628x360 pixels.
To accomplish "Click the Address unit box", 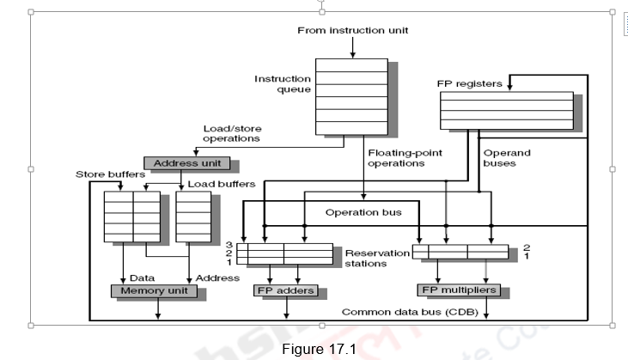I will [x=186, y=163].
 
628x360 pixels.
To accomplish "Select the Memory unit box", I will [x=154, y=290].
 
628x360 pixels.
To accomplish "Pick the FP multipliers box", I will [x=457, y=290].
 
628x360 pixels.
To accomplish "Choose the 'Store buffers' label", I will [x=110, y=174].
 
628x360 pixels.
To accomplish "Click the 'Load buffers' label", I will [x=221, y=184].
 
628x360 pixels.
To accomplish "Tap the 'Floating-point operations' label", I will [x=396, y=158].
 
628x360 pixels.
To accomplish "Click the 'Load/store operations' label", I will [x=231, y=133].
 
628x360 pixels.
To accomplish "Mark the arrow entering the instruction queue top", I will [x=352, y=49].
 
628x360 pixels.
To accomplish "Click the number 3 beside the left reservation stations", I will [x=229, y=245].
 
